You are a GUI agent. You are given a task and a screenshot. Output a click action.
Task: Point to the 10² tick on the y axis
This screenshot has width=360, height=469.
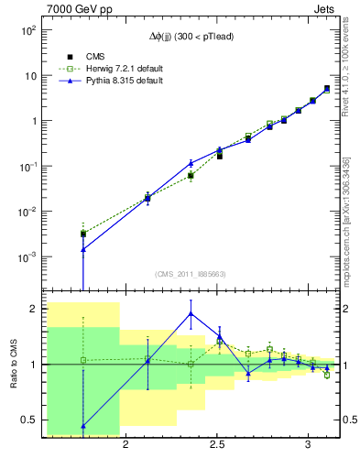[x=31, y=30]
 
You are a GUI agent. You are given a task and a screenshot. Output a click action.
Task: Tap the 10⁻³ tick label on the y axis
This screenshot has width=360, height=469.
[x=31, y=257]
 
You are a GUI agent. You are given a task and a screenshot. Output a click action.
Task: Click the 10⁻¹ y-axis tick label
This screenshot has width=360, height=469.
[x=31, y=167]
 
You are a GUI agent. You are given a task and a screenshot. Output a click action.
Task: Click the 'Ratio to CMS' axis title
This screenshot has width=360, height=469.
[x=14, y=364]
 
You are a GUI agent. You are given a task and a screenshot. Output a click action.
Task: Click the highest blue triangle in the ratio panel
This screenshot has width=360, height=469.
[x=191, y=313]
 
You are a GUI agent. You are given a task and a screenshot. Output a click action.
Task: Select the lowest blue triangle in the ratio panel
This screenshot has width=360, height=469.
[x=83, y=426]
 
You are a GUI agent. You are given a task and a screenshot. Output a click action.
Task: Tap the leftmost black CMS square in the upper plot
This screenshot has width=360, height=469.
[x=83, y=234]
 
